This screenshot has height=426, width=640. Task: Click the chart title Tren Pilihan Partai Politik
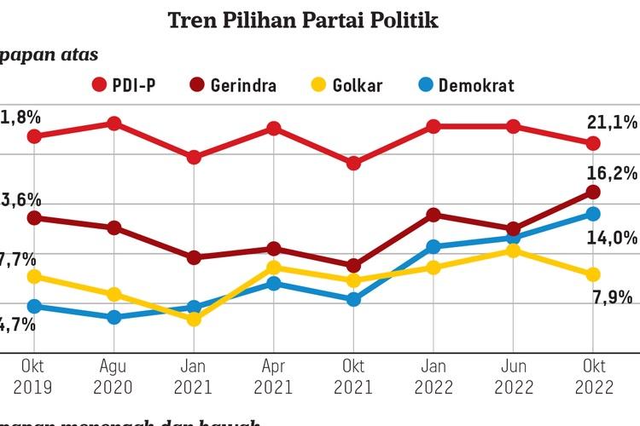coord(303,19)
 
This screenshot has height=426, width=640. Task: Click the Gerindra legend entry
coord(236,85)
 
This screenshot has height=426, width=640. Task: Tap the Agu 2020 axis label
coord(113,377)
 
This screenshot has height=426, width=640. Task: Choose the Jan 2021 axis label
coord(193,377)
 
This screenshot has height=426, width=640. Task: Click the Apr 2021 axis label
coord(273,377)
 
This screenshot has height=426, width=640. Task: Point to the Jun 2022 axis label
coord(513,377)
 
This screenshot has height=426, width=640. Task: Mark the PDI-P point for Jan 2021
coord(194,158)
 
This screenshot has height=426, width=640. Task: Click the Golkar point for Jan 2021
coord(194,319)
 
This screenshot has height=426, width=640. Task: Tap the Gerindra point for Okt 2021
coord(353,266)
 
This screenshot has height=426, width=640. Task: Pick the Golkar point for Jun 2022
coord(513,250)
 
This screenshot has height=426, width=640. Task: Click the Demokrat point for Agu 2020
coord(113,317)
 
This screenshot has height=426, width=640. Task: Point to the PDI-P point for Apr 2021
coord(273,129)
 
